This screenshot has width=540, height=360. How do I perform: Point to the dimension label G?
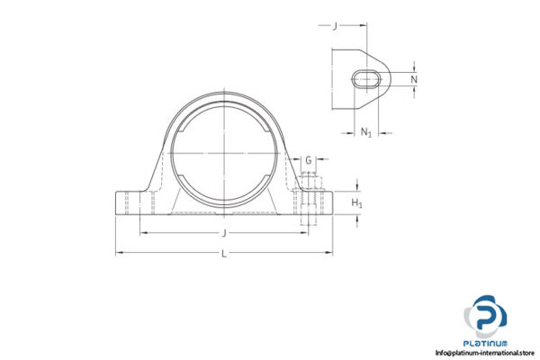(x=309, y=160)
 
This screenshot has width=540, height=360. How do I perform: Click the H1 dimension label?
(x=356, y=203)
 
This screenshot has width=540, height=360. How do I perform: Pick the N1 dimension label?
(x=366, y=133)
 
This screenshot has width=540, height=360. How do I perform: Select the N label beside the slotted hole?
(x=414, y=79)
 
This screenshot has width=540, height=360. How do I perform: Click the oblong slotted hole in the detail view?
(x=366, y=79)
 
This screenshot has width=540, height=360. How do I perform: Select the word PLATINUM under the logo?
(x=486, y=343)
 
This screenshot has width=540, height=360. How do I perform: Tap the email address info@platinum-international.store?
(x=485, y=353)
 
